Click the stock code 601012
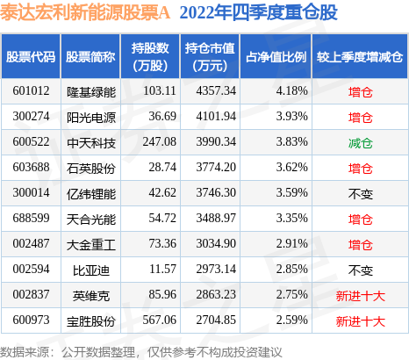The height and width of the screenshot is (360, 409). tap(31, 90)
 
